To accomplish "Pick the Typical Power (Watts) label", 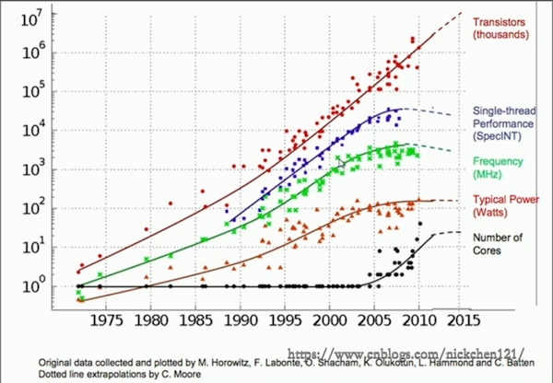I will pyautogui.click(x=503, y=205).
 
